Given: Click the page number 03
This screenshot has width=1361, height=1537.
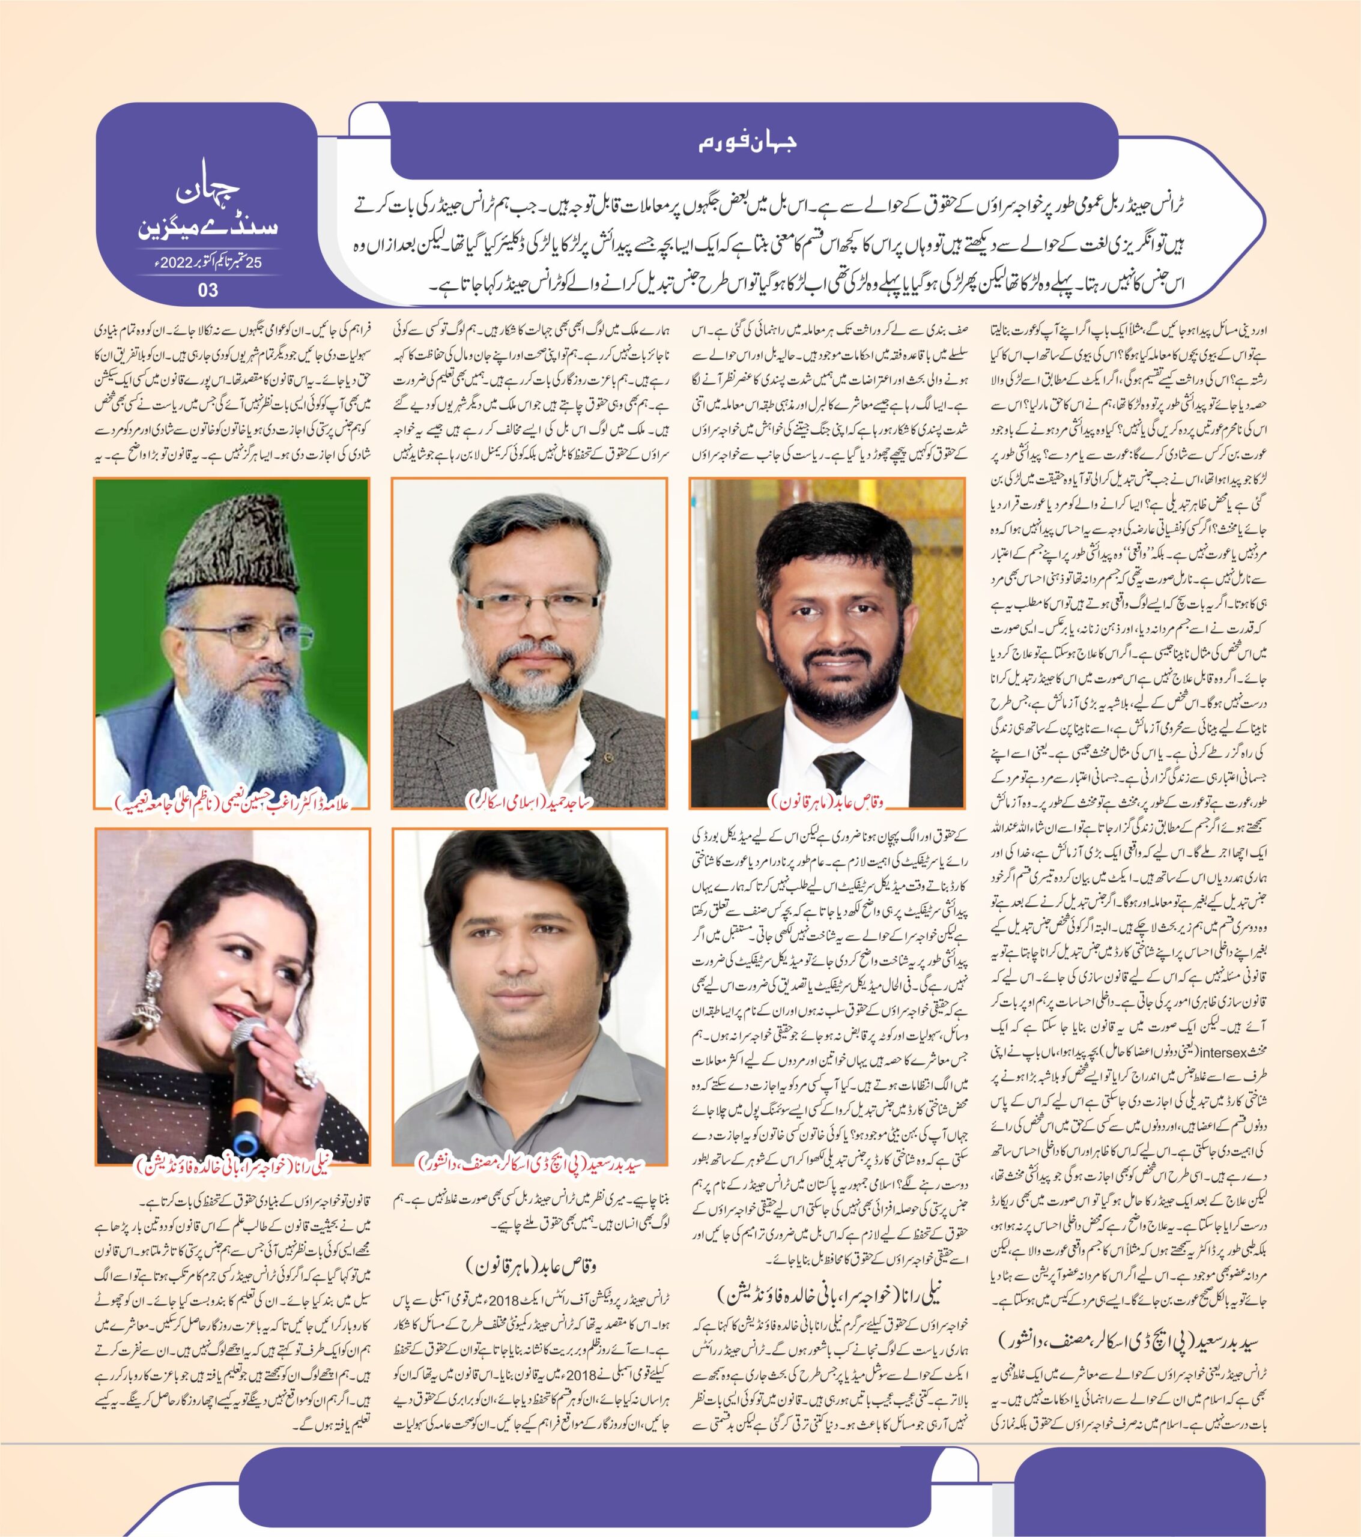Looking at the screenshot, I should [x=208, y=289].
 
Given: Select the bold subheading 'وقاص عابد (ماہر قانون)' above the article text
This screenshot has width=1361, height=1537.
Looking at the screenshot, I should [x=530, y=1266].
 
